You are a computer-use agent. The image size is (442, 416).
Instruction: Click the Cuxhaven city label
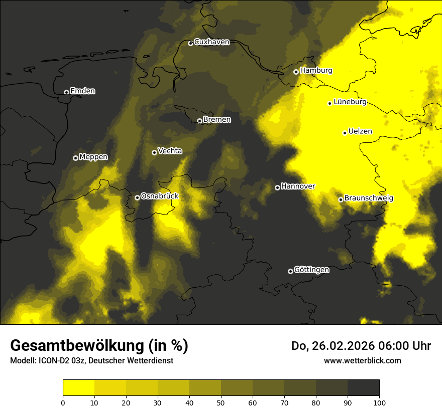[x=211, y=42]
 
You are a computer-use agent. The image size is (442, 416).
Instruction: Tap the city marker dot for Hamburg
[x=296, y=72]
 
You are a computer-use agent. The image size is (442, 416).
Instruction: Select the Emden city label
[x=82, y=91]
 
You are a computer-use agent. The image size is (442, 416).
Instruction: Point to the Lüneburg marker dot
[x=329, y=103]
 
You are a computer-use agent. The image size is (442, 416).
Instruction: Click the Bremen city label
[x=217, y=120]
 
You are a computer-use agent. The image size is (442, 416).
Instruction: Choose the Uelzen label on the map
[x=360, y=132]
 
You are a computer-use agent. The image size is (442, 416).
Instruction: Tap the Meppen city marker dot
[x=75, y=158]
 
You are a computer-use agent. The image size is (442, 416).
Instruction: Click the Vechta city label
[x=170, y=151]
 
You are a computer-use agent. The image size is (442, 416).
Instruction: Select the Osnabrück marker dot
[x=137, y=197]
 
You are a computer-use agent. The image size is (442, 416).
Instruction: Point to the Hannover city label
[x=298, y=186]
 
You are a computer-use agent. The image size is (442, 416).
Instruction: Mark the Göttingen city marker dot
[x=290, y=271]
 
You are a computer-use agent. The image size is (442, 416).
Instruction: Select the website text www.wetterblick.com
[x=362, y=360]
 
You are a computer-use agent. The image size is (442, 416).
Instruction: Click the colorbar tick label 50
[x=221, y=402]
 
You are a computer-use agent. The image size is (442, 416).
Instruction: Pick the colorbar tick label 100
[x=379, y=402]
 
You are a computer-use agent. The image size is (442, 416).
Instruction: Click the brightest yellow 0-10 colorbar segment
[x=78, y=388]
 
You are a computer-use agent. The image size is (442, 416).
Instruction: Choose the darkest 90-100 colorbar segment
[x=363, y=388]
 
